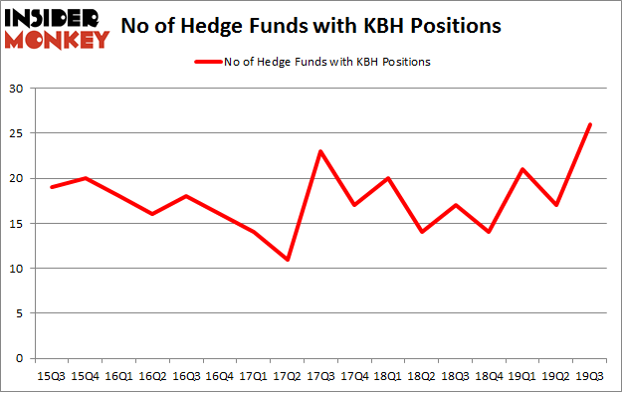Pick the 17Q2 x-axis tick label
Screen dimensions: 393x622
[x=288, y=375]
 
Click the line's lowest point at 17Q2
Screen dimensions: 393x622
[x=288, y=260]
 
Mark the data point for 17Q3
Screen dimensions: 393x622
[x=320, y=151]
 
